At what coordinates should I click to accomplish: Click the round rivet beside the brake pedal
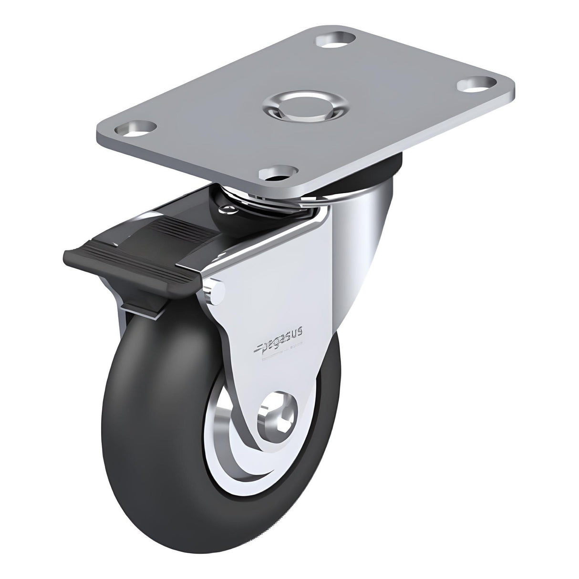point(216,291)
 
